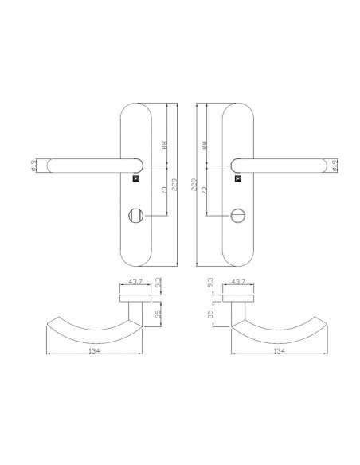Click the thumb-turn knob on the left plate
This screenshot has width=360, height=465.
click(x=135, y=215)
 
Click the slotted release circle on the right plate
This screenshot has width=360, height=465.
click(x=237, y=215)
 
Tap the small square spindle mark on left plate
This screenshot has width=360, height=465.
click(x=135, y=178)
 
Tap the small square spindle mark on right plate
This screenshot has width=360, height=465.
click(x=238, y=178)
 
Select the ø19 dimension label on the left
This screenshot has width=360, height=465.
click(x=33, y=166)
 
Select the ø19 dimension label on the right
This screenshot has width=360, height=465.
click(x=334, y=166)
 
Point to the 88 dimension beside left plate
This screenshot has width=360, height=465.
click(x=164, y=144)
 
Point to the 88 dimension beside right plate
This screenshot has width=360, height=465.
click(x=204, y=144)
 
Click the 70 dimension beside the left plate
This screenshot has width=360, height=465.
click(x=164, y=190)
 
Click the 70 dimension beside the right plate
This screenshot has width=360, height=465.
click(x=204, y=190)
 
